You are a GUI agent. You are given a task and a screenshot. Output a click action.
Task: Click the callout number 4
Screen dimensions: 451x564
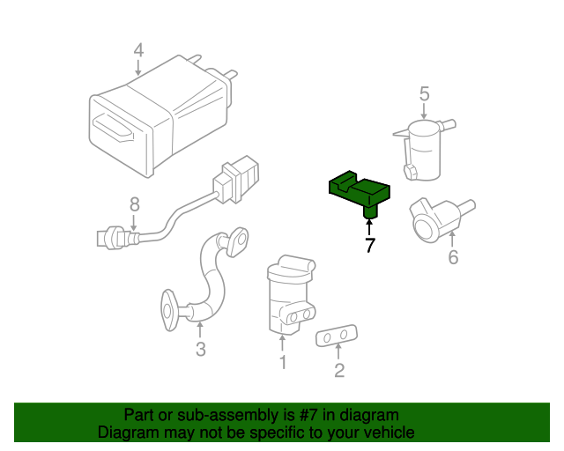point(138,50)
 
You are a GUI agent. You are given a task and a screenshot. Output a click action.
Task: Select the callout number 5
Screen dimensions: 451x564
point(424,92)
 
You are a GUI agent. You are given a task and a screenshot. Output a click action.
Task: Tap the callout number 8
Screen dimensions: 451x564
point(134,204)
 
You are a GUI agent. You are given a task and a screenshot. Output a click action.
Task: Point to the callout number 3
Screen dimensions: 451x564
point(200,350)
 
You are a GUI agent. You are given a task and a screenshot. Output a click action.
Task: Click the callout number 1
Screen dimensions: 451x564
point(283,361)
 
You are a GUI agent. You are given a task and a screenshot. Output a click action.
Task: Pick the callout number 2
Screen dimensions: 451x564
point(339,370)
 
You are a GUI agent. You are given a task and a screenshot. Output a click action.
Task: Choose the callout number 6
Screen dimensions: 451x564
point(453,257)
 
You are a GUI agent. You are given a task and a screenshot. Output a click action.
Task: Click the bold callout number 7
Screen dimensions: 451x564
point(369,247)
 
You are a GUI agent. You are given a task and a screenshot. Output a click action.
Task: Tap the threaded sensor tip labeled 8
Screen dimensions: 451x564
point(108,236)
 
